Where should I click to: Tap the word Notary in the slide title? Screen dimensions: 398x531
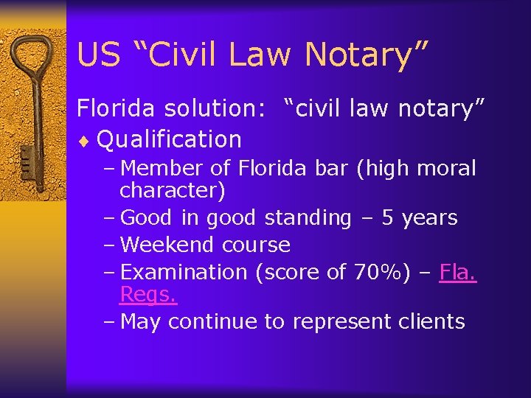click(364, 55)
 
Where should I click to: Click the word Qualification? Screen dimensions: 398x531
click(169, 139)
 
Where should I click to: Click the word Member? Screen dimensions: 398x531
click(162, 169)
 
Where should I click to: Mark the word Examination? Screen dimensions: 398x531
click(184, 272)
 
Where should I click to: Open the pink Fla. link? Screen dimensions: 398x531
click(458, 272)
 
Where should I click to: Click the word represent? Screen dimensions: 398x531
click(340, 321)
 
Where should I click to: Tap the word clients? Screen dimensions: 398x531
click(430, 321)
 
